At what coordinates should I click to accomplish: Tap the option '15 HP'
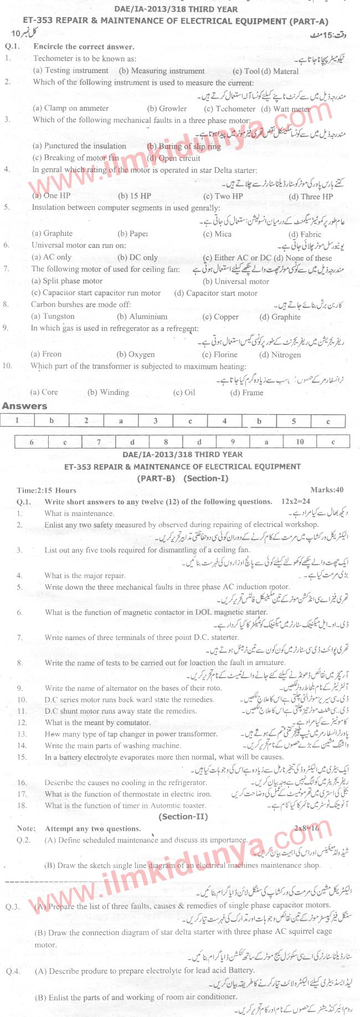click(x=134, y=196)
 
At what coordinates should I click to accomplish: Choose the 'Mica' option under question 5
click(x=217, y=234)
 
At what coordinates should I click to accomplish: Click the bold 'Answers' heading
click(x=24, y=406)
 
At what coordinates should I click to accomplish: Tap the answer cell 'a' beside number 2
click(x=121, y=421)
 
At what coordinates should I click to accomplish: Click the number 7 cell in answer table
click(x=99, y=442)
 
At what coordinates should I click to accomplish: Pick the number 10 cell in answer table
click(x=299, y=442)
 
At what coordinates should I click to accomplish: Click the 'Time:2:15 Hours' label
click(x=47, y=490)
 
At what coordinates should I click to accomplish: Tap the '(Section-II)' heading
click(x=183, y=816)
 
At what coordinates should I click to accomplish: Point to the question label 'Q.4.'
click(x=13, y=970)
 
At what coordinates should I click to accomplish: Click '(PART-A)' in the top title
click(x=308, y=21)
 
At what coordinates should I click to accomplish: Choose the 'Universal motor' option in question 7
click(x=236, y=281)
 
